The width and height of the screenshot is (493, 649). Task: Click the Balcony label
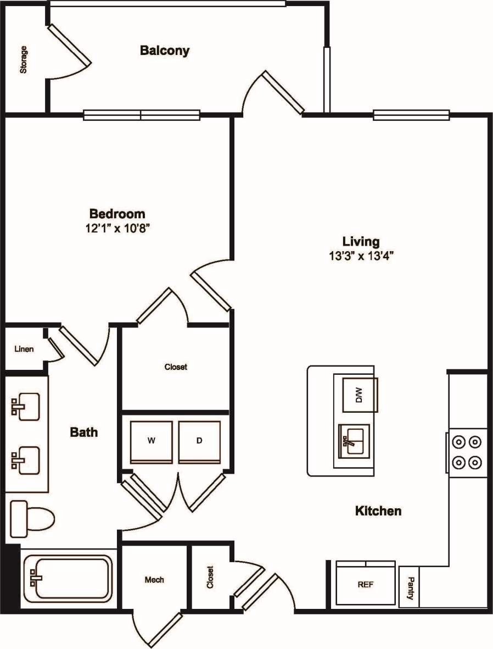[165, 51]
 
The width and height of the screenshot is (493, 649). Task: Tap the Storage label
[24, 60]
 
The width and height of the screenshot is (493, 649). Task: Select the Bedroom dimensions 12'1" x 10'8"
[117, 228]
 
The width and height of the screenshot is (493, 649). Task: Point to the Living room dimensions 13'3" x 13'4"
[361, 255]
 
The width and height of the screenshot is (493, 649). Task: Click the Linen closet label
[24, 348]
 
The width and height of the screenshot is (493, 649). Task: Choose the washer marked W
[151, 441]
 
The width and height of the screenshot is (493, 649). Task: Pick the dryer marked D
[199, 441]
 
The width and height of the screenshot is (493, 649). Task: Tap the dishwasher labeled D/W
[359, 395]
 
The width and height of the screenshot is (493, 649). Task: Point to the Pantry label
[409, 587]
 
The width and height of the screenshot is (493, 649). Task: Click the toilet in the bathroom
[32, 518]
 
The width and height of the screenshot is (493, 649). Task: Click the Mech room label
[154, 579]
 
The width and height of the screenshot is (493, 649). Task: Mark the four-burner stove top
[467, 452]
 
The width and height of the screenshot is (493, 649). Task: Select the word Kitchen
[378, 511]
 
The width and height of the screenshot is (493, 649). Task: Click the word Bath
[83, 432]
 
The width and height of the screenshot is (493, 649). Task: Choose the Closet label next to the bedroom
[176, 367]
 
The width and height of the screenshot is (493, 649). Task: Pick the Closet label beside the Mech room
[210, 578]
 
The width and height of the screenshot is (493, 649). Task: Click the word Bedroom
[117, 213]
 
